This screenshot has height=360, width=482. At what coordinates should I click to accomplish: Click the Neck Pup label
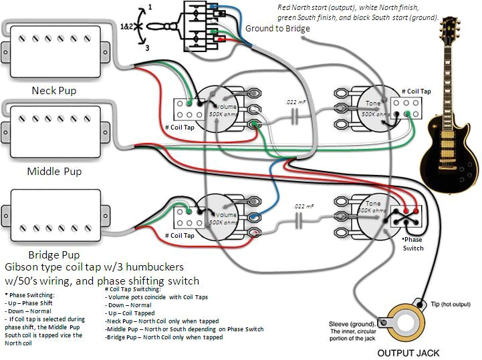[54, 90]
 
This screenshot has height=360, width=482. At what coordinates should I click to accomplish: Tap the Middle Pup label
[54, 172]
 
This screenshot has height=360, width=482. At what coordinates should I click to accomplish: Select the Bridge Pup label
[54, 254]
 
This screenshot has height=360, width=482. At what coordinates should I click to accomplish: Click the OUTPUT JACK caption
[409, 353]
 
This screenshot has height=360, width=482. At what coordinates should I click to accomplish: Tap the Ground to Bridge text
[277, 29]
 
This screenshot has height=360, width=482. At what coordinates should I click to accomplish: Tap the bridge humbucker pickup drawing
[59, 214]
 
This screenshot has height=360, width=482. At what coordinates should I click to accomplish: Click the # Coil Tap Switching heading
[136, 290]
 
